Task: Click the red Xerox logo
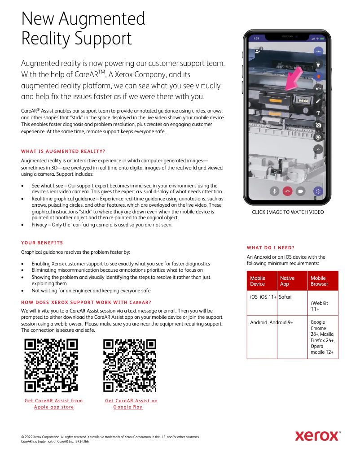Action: [x=317, y=435]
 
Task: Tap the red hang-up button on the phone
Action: [x=288, y=191]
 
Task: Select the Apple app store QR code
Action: [x=51, y=365]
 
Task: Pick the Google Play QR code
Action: [x=130, y=365]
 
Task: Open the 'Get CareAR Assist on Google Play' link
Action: [x=131, y=404]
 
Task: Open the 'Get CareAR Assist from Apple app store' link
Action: [x=54, y=404]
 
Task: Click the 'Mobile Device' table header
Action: [x=258, y=281]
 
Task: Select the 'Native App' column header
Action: [x=287, y=281]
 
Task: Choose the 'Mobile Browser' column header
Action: [x=319, y=281]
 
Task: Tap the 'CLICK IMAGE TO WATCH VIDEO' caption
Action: [x=288, y=212]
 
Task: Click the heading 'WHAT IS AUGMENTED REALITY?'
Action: [x=63, y=151]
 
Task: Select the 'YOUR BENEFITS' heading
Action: [x=42, y=243]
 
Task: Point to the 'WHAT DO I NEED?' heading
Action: [x=271, y=248]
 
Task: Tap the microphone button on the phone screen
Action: [x=274, y=191]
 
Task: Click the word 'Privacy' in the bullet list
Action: [x=39, y=225]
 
